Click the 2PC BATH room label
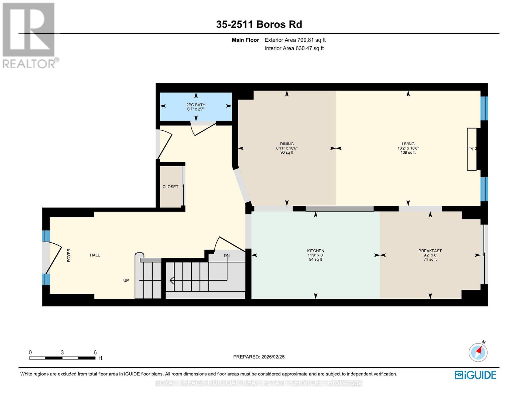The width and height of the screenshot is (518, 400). (x=196, y=105)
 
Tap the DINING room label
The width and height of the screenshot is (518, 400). (x=287, y=144)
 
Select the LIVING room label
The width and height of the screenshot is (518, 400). (x=408, y=144)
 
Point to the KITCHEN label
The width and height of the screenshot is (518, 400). (x=316, y=251)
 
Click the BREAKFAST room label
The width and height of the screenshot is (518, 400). (x=430, y=251)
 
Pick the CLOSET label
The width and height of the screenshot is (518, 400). (x=170, y=187)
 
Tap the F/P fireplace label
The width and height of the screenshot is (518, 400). (x=471, y=149)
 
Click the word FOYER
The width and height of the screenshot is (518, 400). (x=69, y=255)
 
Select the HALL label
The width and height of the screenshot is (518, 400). (x=95, y=255)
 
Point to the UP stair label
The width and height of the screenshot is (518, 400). (x=126, y=281)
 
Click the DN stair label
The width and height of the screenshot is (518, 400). (x=226, y=256)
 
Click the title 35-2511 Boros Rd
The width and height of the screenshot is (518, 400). (x=259, y=24)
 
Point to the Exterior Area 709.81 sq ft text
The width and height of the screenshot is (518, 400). (x=295, y=40)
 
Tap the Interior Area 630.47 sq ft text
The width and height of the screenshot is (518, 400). (x=294, y=48)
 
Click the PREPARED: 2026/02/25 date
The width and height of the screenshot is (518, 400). (x=258, y=357)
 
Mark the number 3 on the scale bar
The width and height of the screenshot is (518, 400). (x=62, y=352)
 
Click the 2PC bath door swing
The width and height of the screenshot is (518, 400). (x=203, y=129)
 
